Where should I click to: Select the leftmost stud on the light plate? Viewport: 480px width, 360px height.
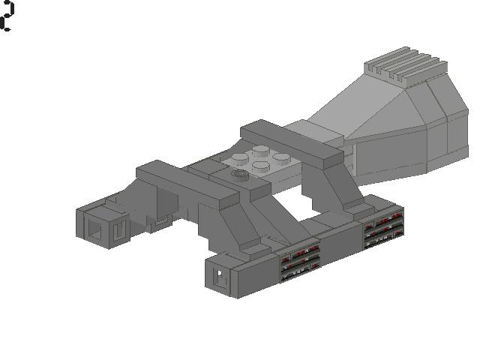(x=240, y=158)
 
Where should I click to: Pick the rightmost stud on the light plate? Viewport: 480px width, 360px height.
(x=281, y=157)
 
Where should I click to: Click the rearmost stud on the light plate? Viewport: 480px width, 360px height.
(x=260, y=148)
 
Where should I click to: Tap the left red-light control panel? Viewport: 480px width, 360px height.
(x=300, y=261)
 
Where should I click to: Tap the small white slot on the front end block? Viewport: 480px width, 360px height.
(x=220, y=276)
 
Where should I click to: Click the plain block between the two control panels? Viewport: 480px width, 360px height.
(x=341, y=244)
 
